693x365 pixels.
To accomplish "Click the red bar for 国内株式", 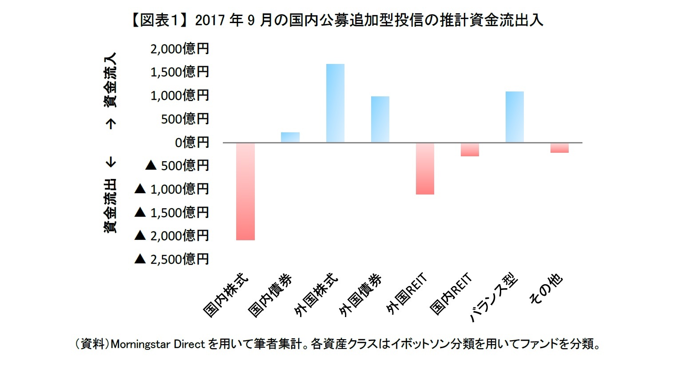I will [x=246, y=191].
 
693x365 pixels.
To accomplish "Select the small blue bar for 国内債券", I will [x=290, y=137].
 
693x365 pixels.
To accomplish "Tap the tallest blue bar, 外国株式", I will [x=335, y=103].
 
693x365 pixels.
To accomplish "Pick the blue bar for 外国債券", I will [x=380, y=119].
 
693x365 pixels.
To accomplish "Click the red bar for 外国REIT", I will [x=425, y=169].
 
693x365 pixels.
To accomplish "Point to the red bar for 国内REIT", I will [x=470, y=150].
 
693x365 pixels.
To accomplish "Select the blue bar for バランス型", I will [x=515, y=117].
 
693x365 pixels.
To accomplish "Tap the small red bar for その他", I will [x=559, y=148].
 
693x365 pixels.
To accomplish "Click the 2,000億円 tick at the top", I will [x=179, y=49].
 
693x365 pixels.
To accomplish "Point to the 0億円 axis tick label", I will [x=192, y=143].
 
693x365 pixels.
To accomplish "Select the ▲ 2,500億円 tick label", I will [x=172, y=259].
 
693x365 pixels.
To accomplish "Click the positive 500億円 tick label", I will [x=185, y=119].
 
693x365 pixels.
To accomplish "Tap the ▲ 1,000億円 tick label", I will [x=172, y=189].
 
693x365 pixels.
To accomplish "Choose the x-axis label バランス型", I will [x=494, y=298].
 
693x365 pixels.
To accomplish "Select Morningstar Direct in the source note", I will [x=158, y=344].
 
